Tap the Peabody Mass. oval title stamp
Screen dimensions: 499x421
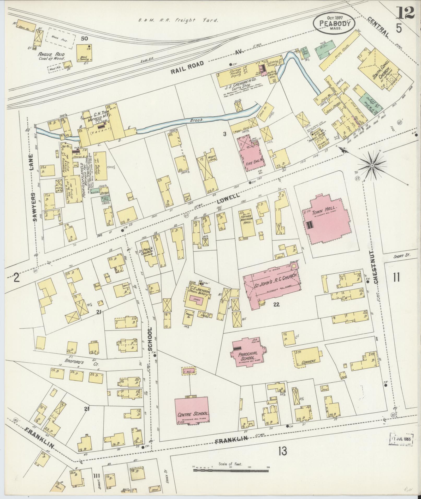(x=334, y=23)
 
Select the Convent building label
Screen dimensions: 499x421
(x=309, y=362)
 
